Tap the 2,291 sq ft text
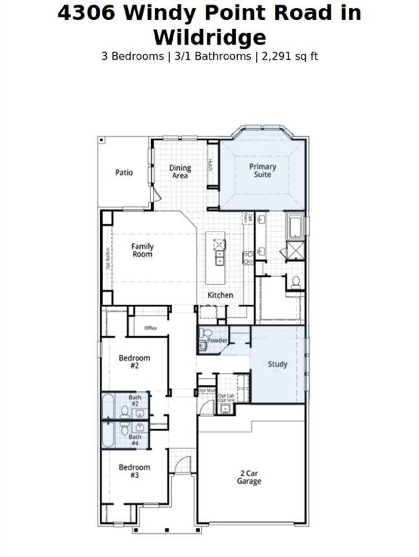pyautogui.click(x=289, y=56)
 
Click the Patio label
pyautogui.click(x=124, y=172)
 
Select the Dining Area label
pyautogui.click(x=180, y=172)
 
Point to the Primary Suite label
pyautogui.click(x=263, y=170)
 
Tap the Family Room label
pyautogui.click(x=142, y=250)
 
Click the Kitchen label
pyautogui.click(x=220, y=295)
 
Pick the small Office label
pyautogui.click(x=151, y=328)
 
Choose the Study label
pyautogui.click(x=278, y=364)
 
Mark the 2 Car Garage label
pyautogui.click(x=249, y=477)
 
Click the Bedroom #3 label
pyautogui.click(x=134, y=471)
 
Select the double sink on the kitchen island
pyautogui.click(x=220, y=258)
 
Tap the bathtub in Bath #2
pyautogui.click(x=108, y=406)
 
